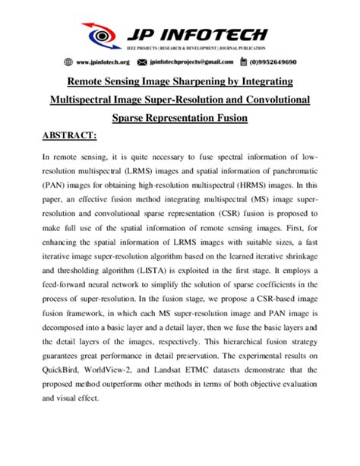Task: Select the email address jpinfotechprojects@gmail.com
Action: tap(193, 62)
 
